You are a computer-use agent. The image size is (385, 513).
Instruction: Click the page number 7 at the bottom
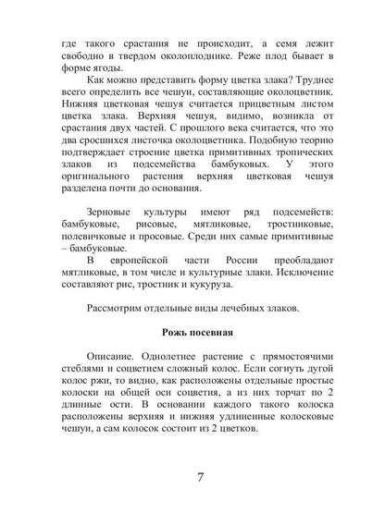tap(201, 479)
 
